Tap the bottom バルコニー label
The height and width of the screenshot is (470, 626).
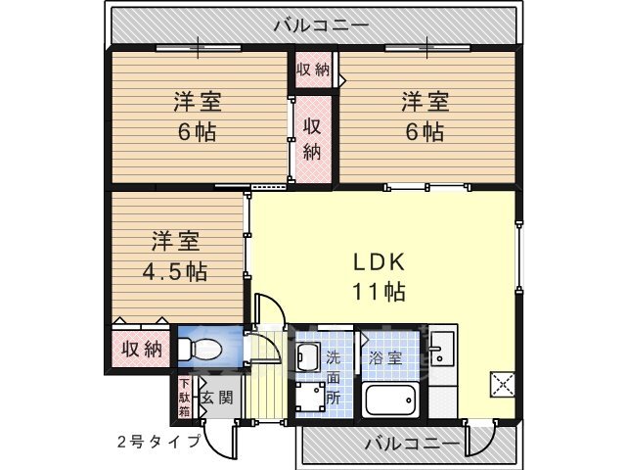point(412,444)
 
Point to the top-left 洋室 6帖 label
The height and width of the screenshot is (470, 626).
point(197,116)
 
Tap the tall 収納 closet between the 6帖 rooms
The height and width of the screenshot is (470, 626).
point(312,138)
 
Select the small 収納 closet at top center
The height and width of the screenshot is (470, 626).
point(314,70)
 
